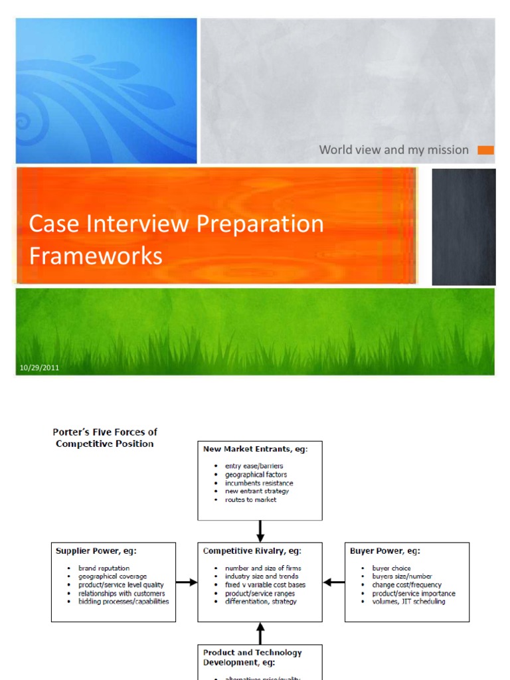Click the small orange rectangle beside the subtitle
(486, 150)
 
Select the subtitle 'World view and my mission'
(394, 150)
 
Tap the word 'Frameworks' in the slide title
(96, 256)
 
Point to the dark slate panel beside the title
(464, 226)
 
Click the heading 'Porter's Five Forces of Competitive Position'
(105, 438)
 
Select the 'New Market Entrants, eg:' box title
(255, 449)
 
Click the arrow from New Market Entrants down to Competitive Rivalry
(260, 531)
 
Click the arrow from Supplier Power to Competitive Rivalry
(187, 582)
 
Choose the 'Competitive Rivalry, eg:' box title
(252, 551)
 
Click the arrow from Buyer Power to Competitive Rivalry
(334, 582)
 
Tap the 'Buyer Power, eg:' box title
(384, 551)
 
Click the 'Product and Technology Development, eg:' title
(252, 657)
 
